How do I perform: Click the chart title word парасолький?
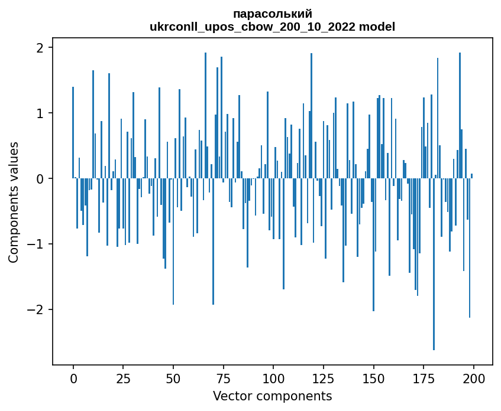click(273, 14)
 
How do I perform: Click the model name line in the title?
click(273, 27)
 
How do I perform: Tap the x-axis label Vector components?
click(273, 396)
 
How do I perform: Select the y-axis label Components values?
click(14, 202)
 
